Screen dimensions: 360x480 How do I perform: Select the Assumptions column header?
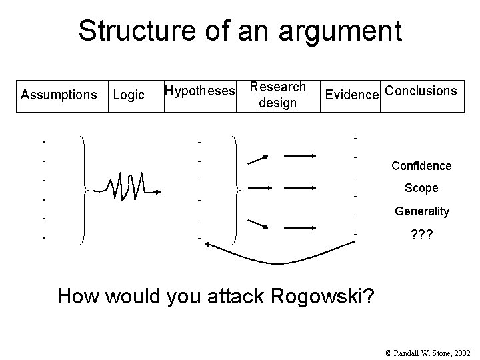[59, 95]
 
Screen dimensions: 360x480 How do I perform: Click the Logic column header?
[129, 95]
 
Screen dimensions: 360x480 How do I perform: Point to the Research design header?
[277, 95]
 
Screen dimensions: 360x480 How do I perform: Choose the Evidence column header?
[351, 95]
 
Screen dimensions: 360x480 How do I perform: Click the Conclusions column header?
[421, 90]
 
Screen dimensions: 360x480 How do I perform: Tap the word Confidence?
[421, 166]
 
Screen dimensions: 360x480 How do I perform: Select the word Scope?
[421, 189]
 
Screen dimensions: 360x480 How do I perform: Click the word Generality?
[421, 211]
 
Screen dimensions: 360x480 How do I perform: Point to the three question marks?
[421, 235]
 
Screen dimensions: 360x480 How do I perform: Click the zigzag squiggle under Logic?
[127, 187]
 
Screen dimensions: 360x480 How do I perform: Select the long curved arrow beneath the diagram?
[280, 255]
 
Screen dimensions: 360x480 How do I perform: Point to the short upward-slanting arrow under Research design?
[258, 159]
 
